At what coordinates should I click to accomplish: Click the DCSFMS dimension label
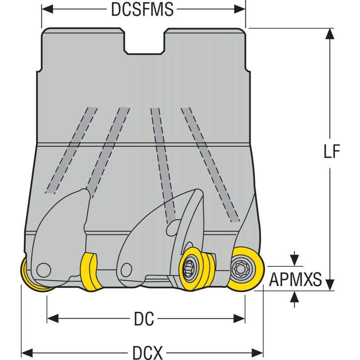click(142, 10)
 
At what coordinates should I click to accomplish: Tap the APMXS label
click(295, 280)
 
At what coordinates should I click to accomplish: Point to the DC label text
click(144, 319)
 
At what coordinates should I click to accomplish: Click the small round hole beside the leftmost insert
click(44, 270)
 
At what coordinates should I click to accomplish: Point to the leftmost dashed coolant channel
click(72, 148)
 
